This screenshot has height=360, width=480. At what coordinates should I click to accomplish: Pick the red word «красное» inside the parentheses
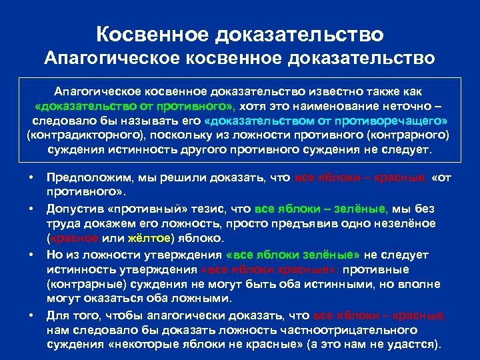74,238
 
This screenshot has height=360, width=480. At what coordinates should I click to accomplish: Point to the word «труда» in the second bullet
63,223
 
